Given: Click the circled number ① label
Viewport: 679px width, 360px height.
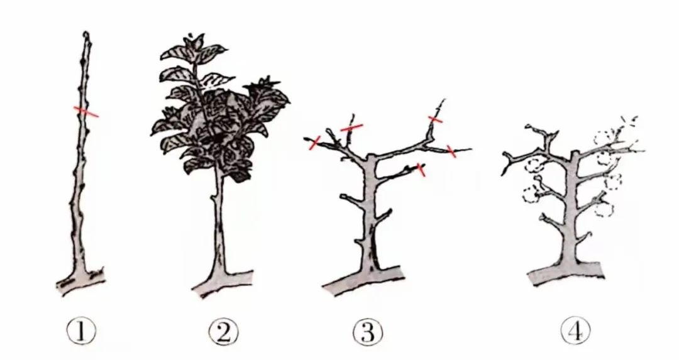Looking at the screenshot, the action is (81, 332).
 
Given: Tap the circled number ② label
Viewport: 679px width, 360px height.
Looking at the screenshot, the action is (223, 332).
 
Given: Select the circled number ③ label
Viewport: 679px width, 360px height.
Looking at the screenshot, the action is (368, 332).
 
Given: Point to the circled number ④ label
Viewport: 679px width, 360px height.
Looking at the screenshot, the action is (575, 330).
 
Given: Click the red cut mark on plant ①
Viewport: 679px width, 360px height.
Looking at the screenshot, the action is (86, 112).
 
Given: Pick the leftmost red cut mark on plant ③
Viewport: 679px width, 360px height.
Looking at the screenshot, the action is (314, 143).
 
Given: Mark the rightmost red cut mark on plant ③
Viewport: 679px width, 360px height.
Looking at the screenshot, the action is (451, 151).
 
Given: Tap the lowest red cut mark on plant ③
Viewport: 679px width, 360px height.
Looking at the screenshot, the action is (421, 170).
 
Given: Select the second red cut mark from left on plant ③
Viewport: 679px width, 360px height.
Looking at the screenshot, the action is (351, 127).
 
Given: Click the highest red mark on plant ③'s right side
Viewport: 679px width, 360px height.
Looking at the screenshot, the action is (435, 119).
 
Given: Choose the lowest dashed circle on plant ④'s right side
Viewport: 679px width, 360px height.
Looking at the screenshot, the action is (605, 210).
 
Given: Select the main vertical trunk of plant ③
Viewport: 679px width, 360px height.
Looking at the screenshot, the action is (370, 212).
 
